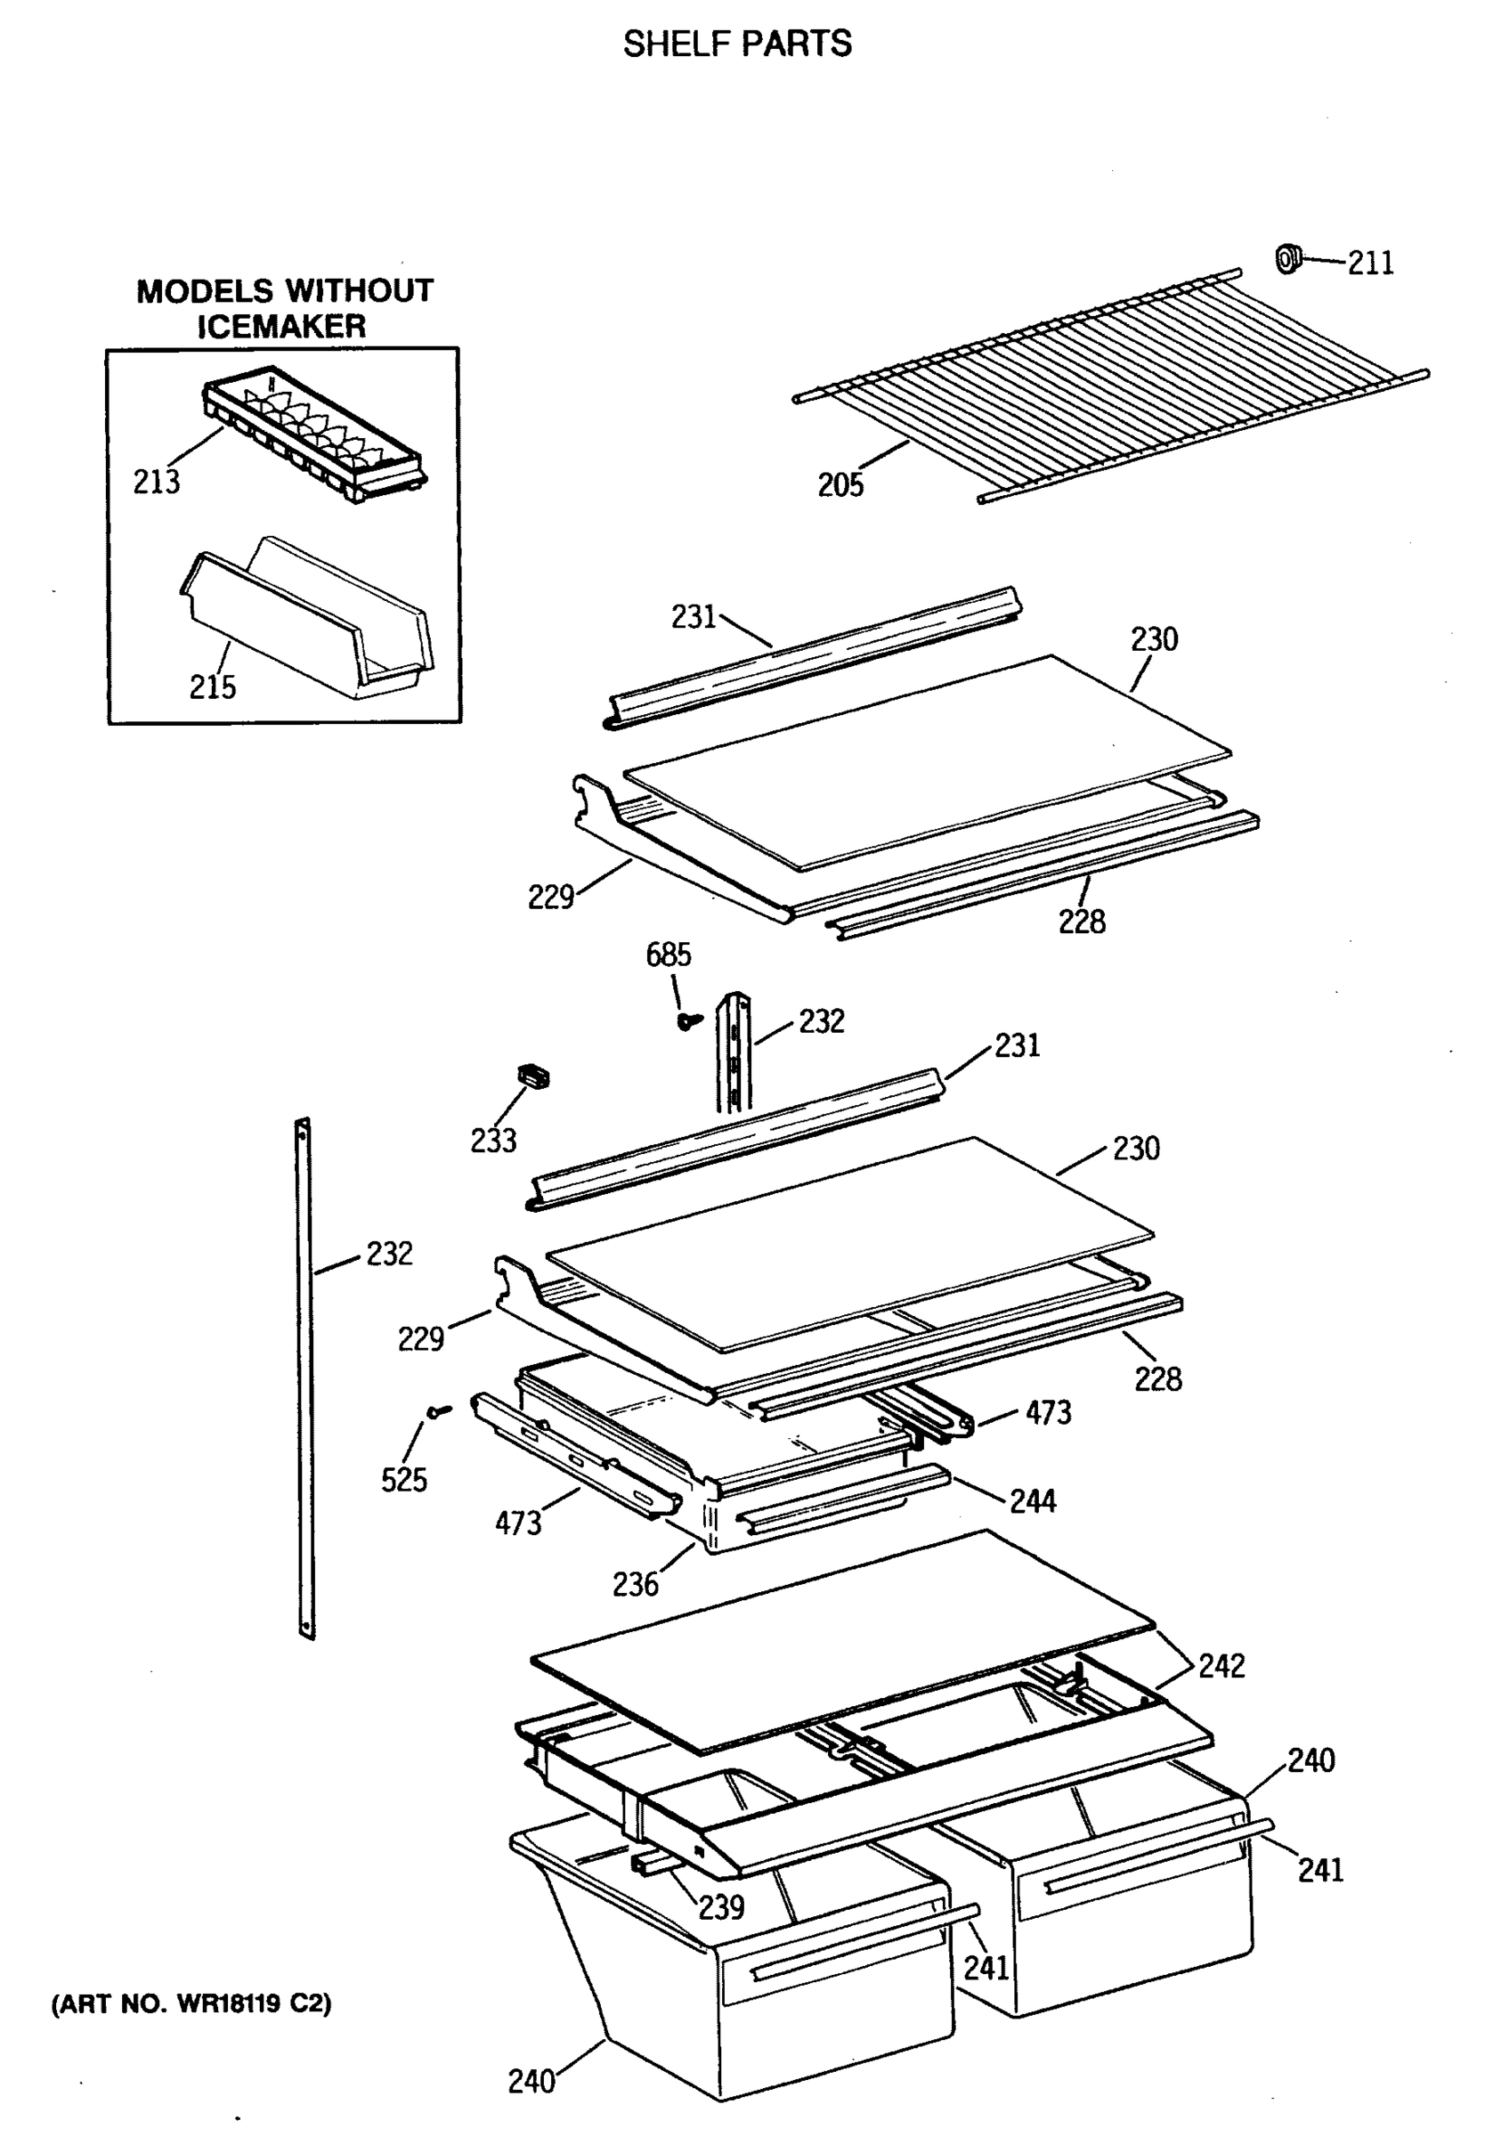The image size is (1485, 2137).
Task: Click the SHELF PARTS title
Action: coord(737,44)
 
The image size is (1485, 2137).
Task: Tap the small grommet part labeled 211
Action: coord(1286,257)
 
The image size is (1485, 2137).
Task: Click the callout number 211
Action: coord(1370,264)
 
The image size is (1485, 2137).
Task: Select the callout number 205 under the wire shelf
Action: coord(840,484)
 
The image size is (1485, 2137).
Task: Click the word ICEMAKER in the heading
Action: coord(281,327)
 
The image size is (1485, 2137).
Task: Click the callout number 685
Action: coord(668,955)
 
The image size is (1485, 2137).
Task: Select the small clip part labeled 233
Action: coord(533,1077)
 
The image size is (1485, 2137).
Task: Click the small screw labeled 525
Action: coord(437,1411)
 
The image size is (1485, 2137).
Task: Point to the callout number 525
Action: coord(404,1479)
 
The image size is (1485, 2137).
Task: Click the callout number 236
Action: coord(635,1583)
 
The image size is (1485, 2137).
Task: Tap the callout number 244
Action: coord(1033,1500)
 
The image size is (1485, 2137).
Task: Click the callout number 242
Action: coord(1221,1665)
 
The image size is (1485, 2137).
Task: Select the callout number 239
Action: coord(721,1907)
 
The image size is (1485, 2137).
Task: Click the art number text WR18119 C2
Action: coord(191,2004)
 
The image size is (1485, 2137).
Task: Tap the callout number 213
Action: coord(157,482)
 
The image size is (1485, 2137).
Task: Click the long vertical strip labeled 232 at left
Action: coord(304,1377)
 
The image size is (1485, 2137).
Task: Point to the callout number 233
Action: coord(493,1140)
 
